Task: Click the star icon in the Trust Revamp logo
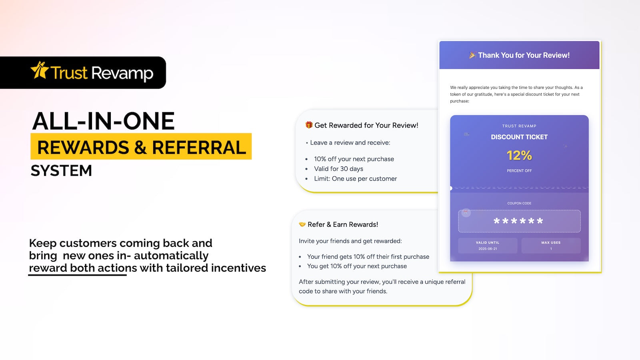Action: pyautogui.click(x=40, y=70)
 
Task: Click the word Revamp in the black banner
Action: pyautogui.click(x=122, y=73)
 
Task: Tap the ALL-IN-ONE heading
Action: pyautogui.click(x=103, y=121)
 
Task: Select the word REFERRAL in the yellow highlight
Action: pyautogui.click(x=199, y=148)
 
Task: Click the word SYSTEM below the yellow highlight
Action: pyautogui.click(x=62, y=170)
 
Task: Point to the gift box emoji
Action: pyautogui.click(x=308, y=125)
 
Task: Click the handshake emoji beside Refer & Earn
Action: pyautogui.click(x=302, y=224)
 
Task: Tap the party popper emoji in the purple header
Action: pyautogui.click(x=472, y=55)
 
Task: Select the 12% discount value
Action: pyautogui.click(x=519, y=156)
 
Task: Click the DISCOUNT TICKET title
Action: pyautogui.click(x=519, y=137)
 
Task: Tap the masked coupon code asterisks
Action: pyautogui.click(x=518, y=221)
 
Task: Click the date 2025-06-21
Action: pyautogui.click(x=488, y=249)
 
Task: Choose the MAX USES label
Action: pyautogui.click(x=551, y=242)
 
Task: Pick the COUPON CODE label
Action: pyautogui.click(x=519, y=204)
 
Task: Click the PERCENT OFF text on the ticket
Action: pyautogui.click(x=519, y=171)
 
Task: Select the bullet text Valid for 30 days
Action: pyautogui.click(x=338, y=169)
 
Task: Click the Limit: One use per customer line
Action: pyautogui.click(x=356, y=178)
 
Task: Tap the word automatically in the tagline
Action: pyautogui.click(x=171, y=256)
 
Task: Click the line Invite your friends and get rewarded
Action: pyautogui.click(x=350, y=241)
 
